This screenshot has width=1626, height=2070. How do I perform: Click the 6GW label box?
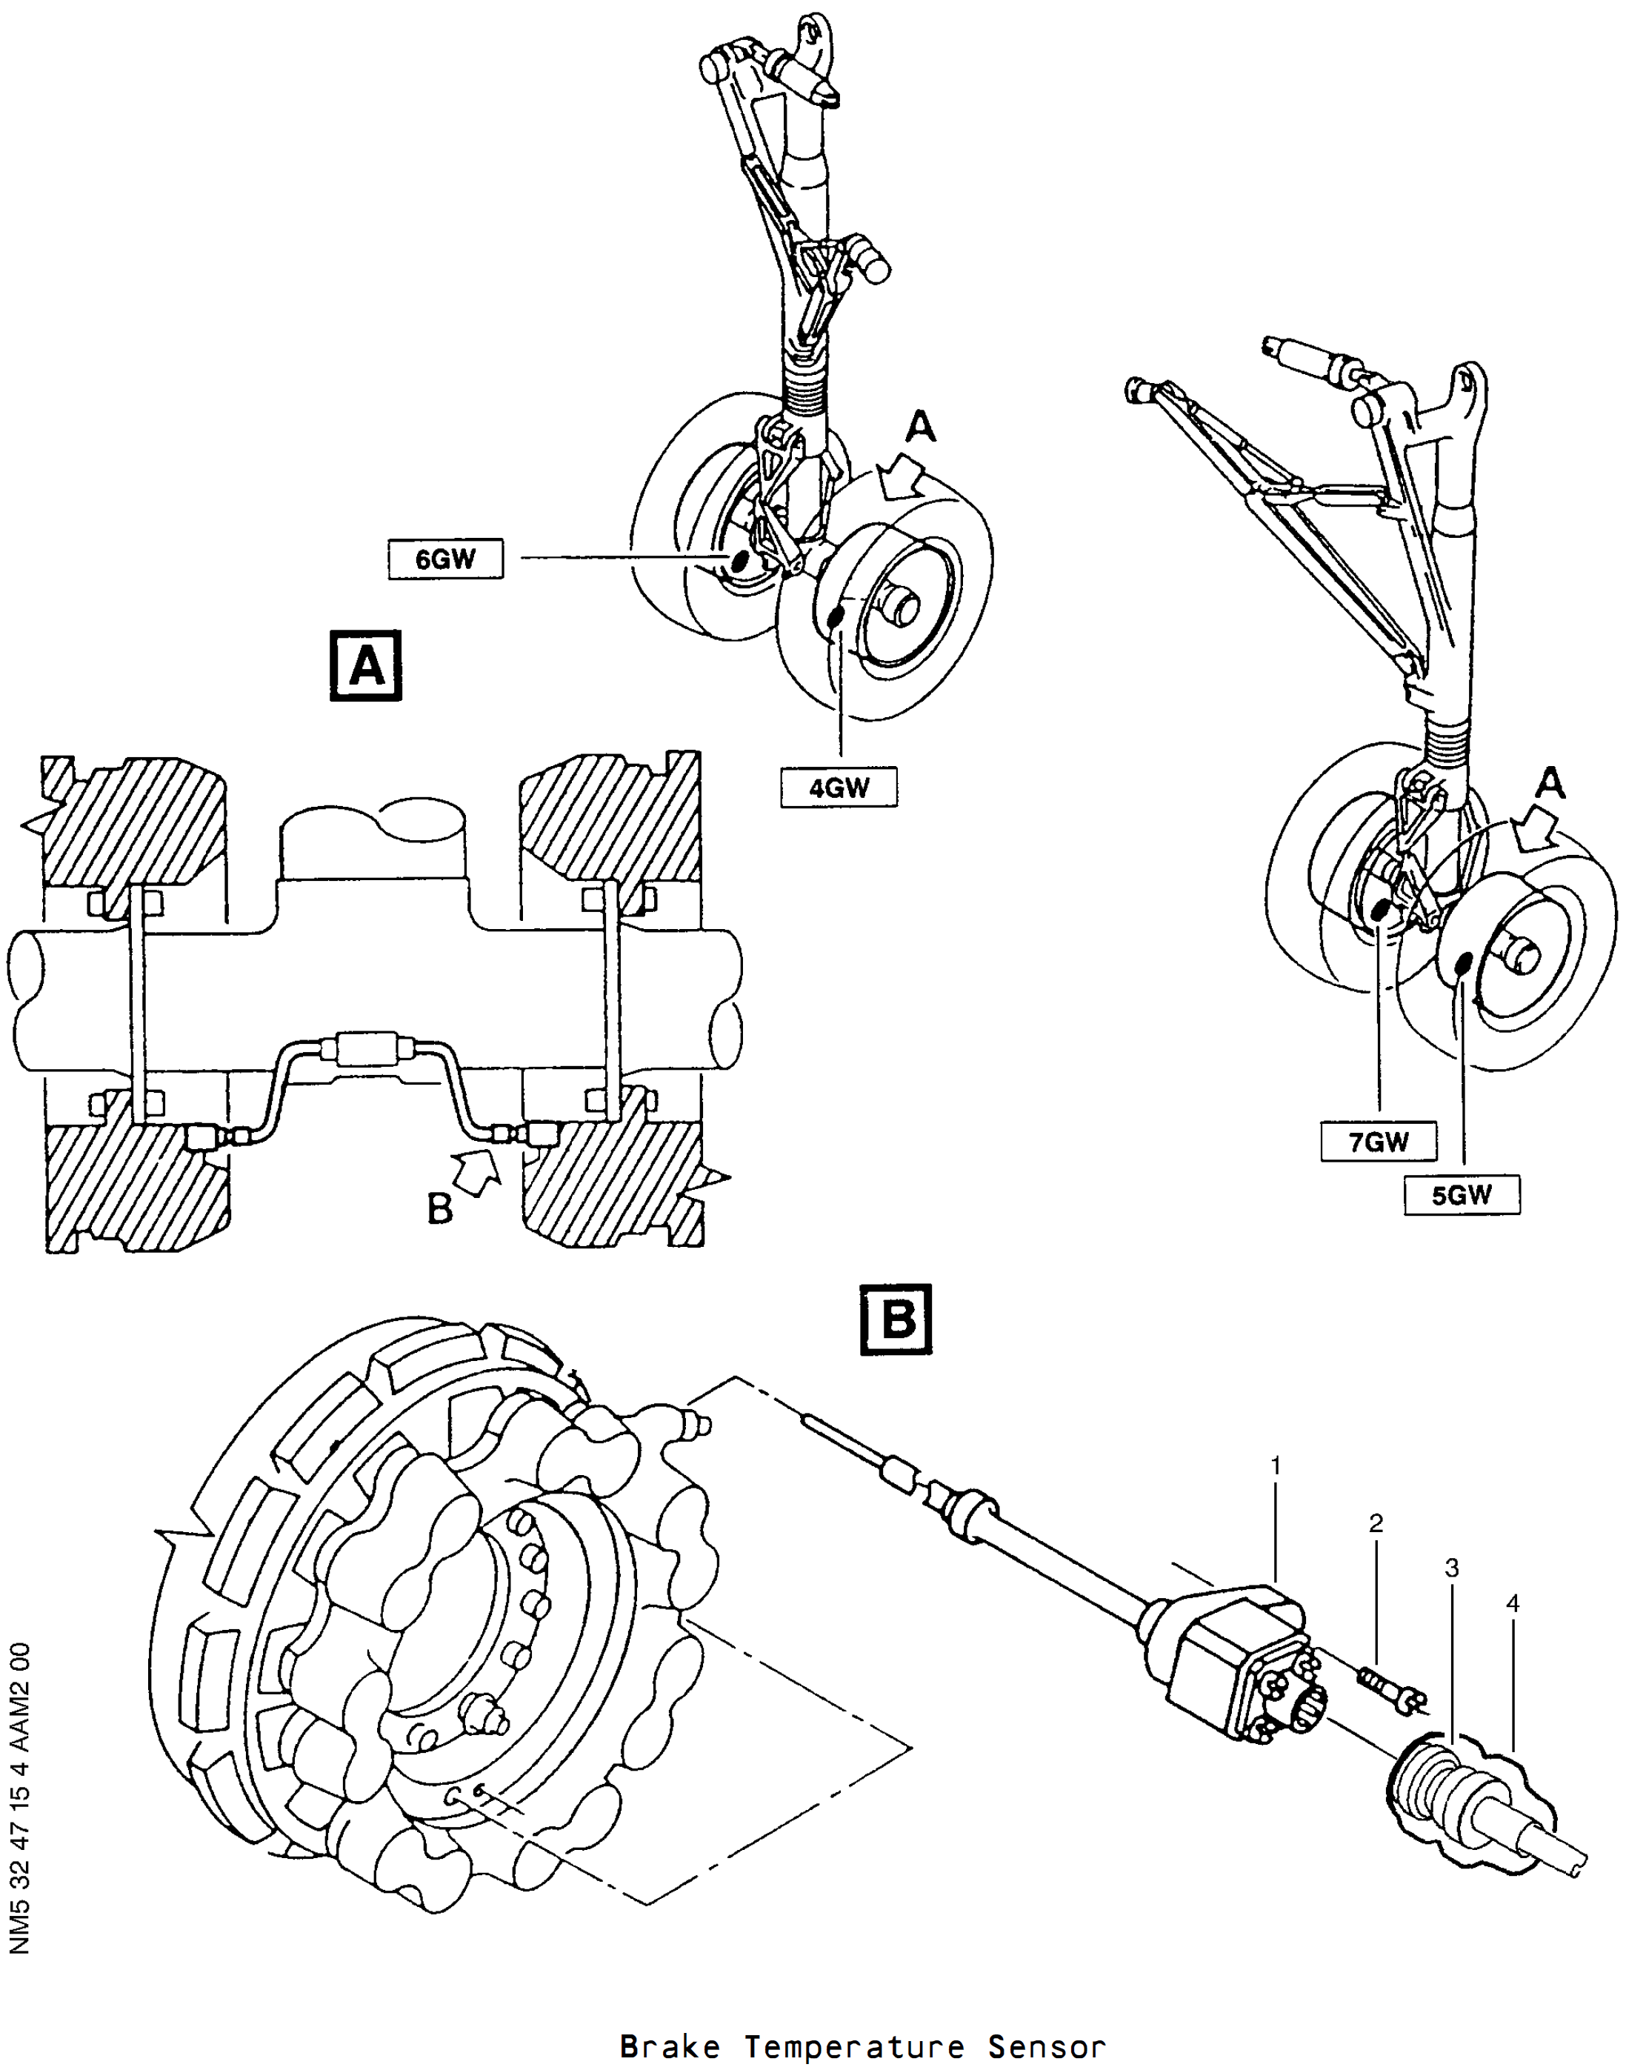coord(445,558)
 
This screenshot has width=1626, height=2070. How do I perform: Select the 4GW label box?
coord(839,788)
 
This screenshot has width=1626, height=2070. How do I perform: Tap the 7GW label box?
coord(1379,1141)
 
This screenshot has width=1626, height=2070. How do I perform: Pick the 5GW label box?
coord(1462,1195)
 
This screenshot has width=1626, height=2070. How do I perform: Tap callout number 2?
coord(1376,1523)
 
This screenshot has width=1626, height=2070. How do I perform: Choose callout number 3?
coord(1452,1567)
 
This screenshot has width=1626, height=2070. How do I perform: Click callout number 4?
coord(1513,1603)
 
